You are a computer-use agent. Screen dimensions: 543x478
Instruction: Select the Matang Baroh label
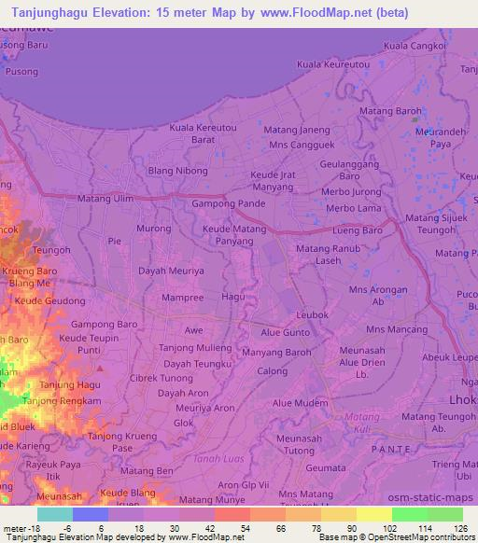tap(395, 111)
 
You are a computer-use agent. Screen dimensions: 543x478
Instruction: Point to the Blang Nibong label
tap(178, 171)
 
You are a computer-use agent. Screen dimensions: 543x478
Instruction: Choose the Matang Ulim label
tap(105, 199)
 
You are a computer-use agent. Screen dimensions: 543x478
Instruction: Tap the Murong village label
tap(154, 228)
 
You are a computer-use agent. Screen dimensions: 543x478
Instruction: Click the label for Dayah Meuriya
tap(171, 271)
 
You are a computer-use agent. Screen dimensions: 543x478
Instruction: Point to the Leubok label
tap(313, 315)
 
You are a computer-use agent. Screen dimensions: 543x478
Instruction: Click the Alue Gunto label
tap(285, 332)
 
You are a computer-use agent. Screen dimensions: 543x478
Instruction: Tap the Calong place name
tap(273, 371)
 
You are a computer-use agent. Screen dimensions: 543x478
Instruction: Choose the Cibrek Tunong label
tap(162, 379)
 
